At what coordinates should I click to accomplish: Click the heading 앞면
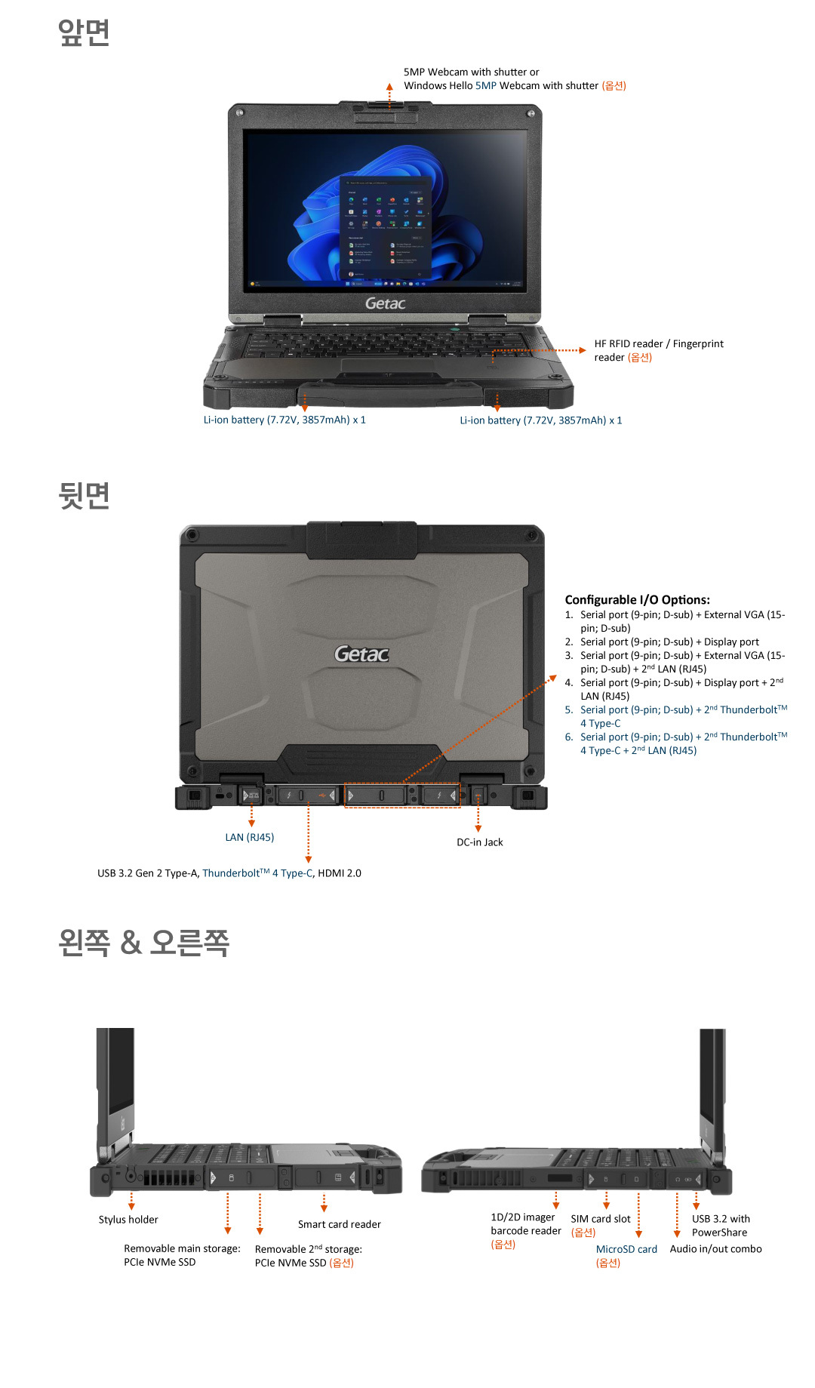coord(84,32)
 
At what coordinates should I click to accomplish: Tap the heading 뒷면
coord(84,495)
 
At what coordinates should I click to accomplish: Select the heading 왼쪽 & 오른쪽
coord(143,942)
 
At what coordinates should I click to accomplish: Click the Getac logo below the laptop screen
coord(385,303)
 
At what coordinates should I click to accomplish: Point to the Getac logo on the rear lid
coord(361,654)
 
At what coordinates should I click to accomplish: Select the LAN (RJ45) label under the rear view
coord(249,837)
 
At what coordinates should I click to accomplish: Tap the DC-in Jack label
coord(479,842)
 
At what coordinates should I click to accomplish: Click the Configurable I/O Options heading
coord(637,600)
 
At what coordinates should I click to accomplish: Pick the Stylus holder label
coord(128,1220)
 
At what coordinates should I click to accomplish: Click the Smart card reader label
coord(339,1224)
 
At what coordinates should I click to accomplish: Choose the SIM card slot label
coord(600,1219)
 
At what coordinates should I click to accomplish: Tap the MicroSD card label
coord(626,1249)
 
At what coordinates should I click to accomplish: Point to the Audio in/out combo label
coord(715,1249)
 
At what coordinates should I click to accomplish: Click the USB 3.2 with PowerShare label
coord(721,1226)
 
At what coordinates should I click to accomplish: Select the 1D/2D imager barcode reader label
coord(525,1224)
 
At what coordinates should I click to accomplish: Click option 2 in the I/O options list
coord(669,642)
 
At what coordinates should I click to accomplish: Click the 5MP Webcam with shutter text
coord(471,72)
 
